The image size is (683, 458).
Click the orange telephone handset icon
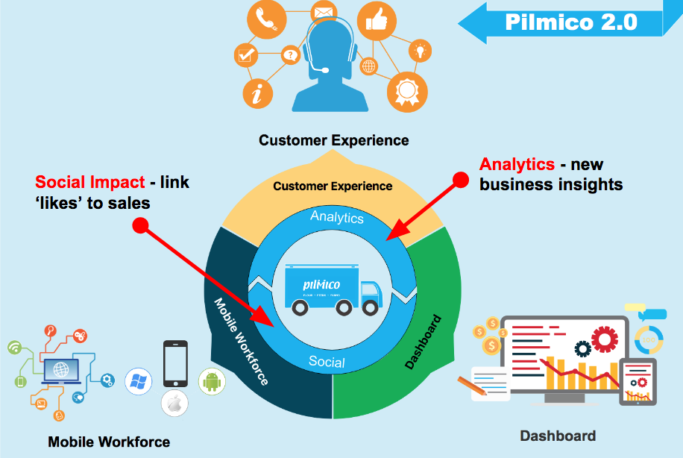266,21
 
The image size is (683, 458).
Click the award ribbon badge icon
406,91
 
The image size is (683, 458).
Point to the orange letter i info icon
257,93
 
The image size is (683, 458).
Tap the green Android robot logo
213,381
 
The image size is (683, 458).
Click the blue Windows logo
138,382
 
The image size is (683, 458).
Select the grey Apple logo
174,404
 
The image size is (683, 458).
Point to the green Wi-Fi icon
15,348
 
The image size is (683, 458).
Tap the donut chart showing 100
649,340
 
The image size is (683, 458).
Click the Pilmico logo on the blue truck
322,285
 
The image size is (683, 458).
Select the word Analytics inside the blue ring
337,217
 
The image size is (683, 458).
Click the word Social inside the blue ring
327,363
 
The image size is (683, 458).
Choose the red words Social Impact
89,182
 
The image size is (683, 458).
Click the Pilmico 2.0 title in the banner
571,22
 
